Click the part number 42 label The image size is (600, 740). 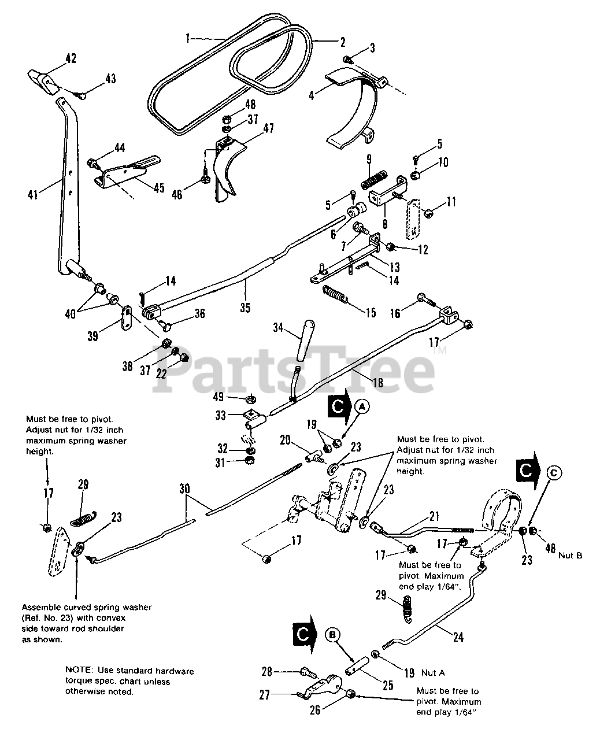[x=71, y=58]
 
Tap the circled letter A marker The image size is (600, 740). [x=363, y=406]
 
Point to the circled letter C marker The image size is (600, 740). [x=553, y=472]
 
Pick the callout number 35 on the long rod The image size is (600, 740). [x=245, y=308]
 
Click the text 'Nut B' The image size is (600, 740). [x=570, y=555]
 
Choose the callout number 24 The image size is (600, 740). [x=458, y=638]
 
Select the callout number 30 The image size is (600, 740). [x=184, y=489]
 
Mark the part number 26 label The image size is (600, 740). [x=315, y=711]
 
